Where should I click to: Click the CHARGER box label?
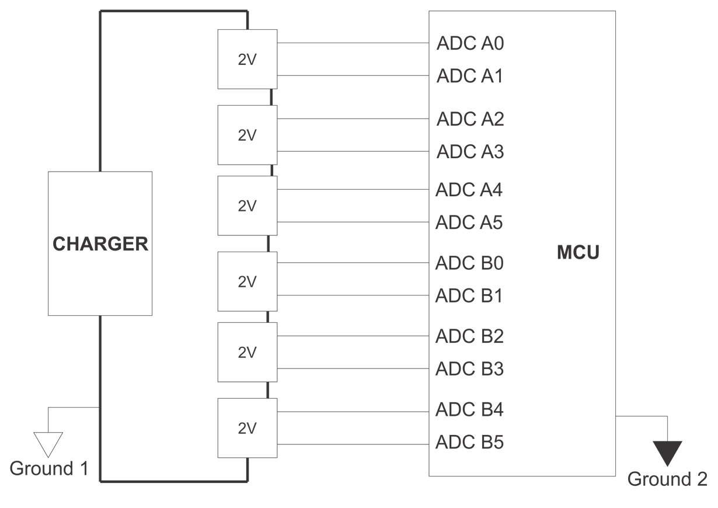pos(100,243)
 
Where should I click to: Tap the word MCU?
pos(577,253)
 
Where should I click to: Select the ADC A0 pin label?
pos(470,44)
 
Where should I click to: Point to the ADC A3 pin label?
pos(470,152)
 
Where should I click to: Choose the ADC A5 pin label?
pos(469,222)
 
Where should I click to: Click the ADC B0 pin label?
pos(469,263)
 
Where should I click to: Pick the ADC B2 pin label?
pos(469,336)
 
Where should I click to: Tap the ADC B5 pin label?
pos(469,443)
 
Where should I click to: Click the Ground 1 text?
pos(50,468)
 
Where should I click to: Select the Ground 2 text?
pos(667,479)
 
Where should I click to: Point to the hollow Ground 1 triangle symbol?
pos(48,443)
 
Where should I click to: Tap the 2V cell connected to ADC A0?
pos(247,60)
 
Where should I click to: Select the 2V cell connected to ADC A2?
pos(247,135)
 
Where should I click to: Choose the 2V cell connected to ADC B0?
pos(247,281)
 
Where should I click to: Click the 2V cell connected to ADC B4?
pos(247,428)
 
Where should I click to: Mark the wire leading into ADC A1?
pos(353,76)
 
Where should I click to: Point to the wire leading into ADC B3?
pos(353,368)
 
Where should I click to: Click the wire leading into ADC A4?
pos(353,190)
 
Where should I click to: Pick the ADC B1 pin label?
pos(469,296)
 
